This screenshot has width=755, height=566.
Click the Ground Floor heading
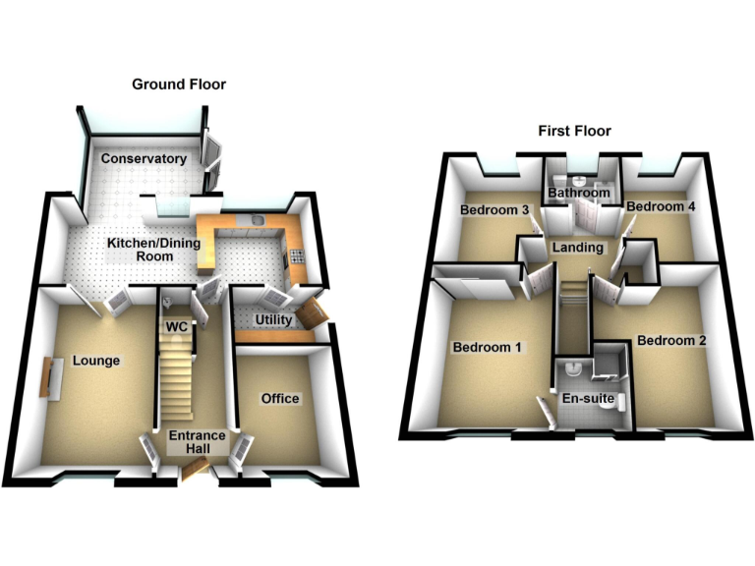(179, 85)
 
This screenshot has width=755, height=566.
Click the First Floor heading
(574, 131)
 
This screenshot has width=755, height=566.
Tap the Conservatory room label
(142, 158)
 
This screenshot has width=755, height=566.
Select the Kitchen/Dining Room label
(141, 249)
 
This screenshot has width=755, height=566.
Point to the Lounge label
(95, 361)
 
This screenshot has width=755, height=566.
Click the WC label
(177, 325)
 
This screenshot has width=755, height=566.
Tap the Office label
(280, 398)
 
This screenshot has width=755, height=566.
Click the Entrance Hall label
(197, 442)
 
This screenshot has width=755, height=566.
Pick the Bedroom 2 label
(671, 341)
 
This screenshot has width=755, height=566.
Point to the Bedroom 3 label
(494, 209)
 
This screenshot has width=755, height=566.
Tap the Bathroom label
(579, 194)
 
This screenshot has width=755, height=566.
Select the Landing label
(578, 247)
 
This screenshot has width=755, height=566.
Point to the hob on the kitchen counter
(298, 259)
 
